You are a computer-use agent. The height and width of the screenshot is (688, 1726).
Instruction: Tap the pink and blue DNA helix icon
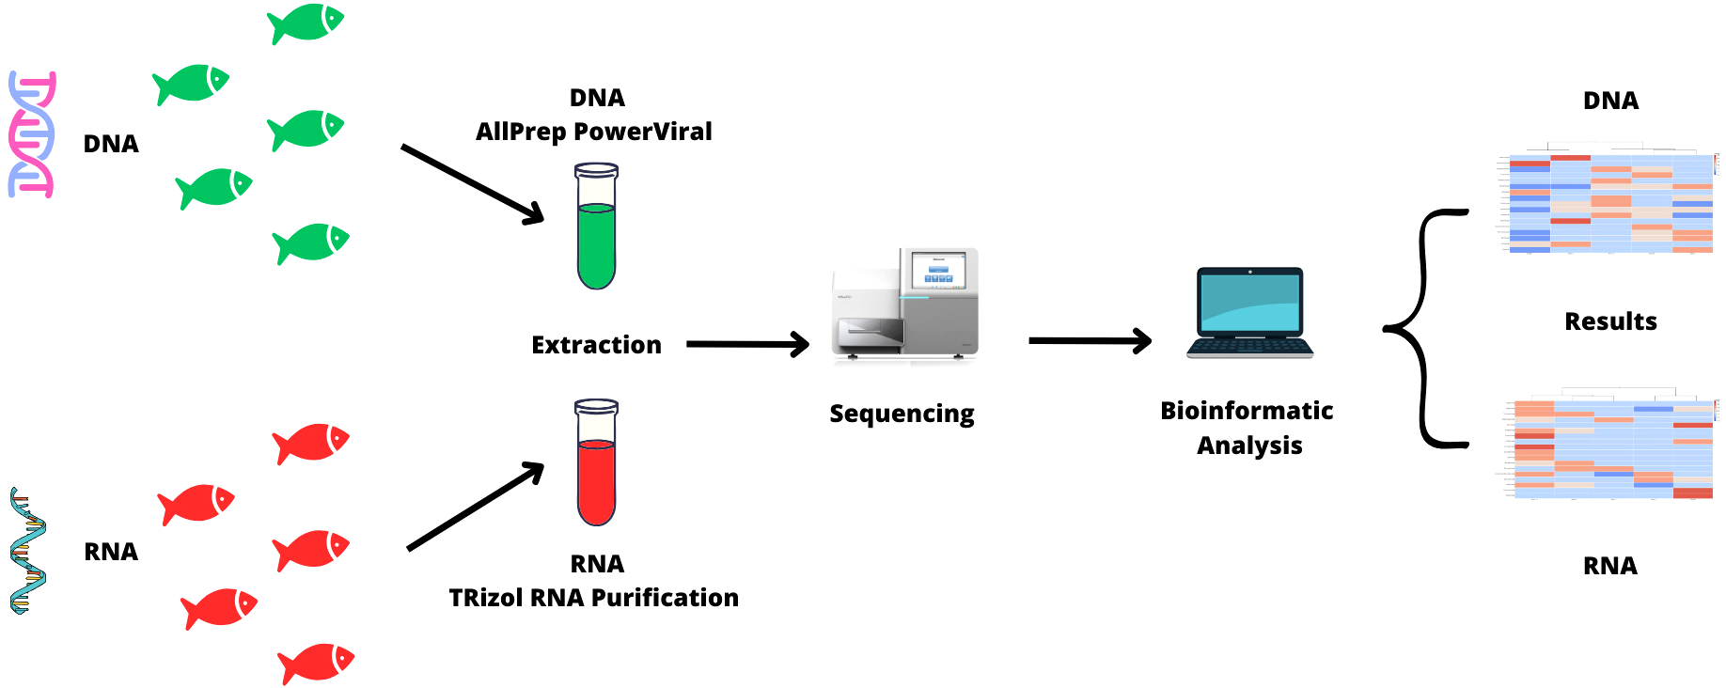(32, 133)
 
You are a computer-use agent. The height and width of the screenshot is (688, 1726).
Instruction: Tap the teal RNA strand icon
(27, 551)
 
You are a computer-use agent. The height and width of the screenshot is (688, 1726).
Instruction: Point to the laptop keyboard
(1249, 347)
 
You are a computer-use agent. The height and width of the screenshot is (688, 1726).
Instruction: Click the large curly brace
(1422, 328)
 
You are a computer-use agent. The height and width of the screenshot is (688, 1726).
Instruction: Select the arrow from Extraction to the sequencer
(746, 344)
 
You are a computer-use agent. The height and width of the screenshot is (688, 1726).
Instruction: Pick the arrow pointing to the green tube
(472, 184)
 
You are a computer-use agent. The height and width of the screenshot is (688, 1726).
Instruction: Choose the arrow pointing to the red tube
(476, 507)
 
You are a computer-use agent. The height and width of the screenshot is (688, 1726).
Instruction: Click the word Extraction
(596, 345)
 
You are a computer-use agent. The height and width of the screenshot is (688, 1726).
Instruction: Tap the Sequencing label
(902, 414)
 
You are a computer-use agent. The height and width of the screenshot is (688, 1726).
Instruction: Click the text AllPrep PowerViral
(593, 132)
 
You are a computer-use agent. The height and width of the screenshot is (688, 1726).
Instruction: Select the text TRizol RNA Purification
(593, 598)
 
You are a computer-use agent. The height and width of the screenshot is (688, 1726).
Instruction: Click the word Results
(1610, 321)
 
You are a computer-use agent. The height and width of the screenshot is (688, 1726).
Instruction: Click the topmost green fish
(306, 23)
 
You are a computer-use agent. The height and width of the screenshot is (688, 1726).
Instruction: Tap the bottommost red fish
(316, 663)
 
